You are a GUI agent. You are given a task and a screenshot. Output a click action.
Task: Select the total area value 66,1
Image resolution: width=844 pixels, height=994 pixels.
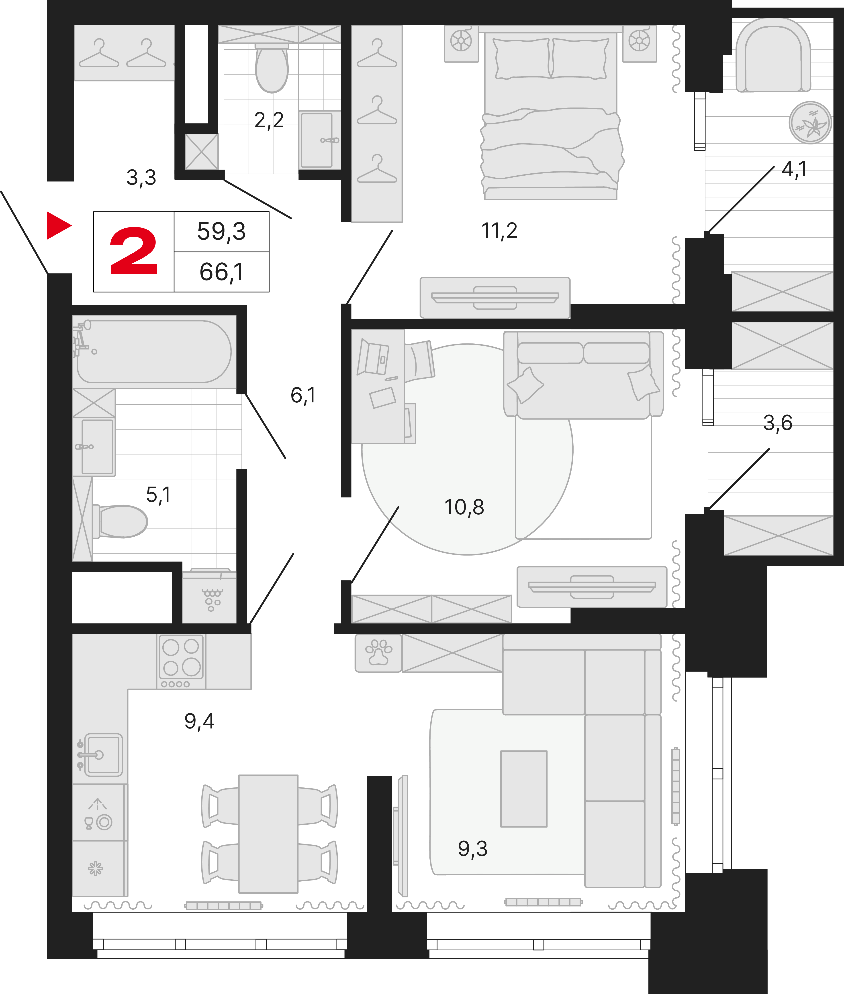click(221, 272)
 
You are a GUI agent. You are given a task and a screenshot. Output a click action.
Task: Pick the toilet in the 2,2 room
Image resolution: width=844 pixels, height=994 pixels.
click(272, 68)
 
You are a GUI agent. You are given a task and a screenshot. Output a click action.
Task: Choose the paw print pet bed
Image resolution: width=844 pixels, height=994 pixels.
click(378, 653)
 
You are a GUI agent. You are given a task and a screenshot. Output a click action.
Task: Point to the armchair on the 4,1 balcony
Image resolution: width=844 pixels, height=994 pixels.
click(773, 56)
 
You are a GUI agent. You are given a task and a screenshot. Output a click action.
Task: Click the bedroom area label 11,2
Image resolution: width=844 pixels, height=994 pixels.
click(499, 231)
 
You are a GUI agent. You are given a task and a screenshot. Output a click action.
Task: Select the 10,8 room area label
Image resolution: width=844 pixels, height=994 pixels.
click(464, 507)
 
